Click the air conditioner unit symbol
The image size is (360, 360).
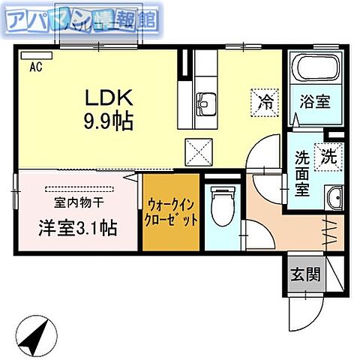pos(33,55)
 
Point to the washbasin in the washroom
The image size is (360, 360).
pos(334,198)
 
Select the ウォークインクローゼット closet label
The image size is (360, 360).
pos(172,212)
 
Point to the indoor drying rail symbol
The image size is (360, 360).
pos(78,188)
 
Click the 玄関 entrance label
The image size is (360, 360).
pos(306,274)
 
